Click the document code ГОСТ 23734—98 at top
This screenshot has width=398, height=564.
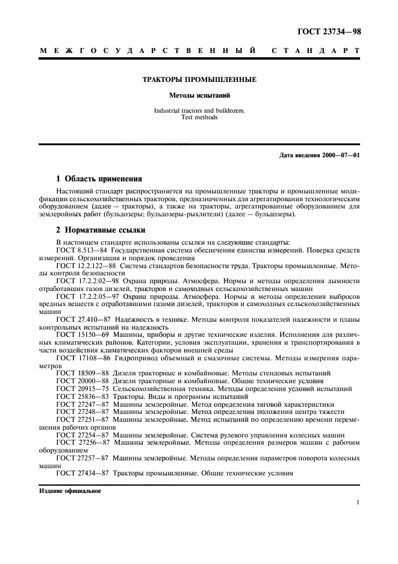330,32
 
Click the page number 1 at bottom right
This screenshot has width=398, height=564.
358,502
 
